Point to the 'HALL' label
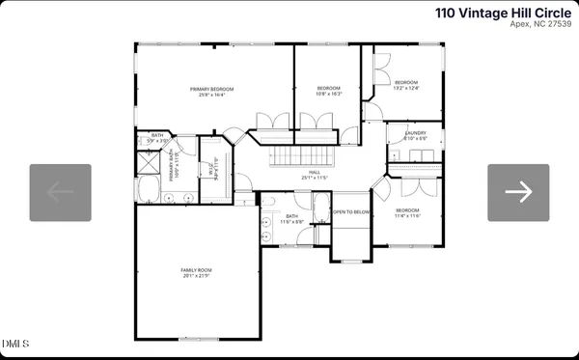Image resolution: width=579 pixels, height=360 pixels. point(315,174)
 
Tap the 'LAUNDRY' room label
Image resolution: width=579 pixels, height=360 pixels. point(415,133)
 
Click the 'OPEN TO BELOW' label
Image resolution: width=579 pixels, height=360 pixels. point(351,211)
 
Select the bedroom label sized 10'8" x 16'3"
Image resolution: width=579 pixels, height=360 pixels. point(329,92)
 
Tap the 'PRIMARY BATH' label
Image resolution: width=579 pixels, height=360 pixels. point(173,167)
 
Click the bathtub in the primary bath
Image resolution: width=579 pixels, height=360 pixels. point(151,188)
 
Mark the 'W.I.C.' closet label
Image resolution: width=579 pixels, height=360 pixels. point(212,172)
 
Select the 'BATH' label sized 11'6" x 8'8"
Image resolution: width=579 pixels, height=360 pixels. point(291,219)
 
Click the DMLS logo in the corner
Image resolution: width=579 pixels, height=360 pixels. point(16,344)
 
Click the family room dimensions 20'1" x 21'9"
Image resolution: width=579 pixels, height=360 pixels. point(196,276)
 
